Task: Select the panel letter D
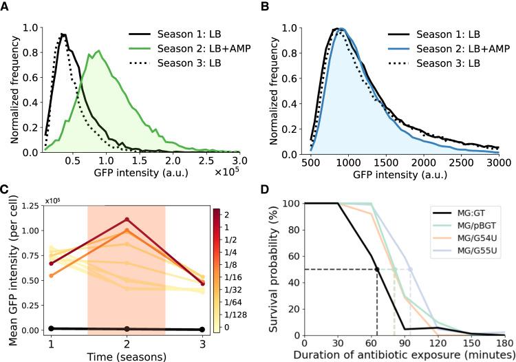[x=264, y=188]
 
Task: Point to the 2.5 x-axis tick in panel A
[x=205, y=164]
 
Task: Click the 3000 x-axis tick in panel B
[x=498, y=164]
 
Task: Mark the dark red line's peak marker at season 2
[x=126, y=220]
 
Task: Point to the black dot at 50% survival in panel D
[x=377, y=269]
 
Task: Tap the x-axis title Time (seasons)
[x=126, y=356]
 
